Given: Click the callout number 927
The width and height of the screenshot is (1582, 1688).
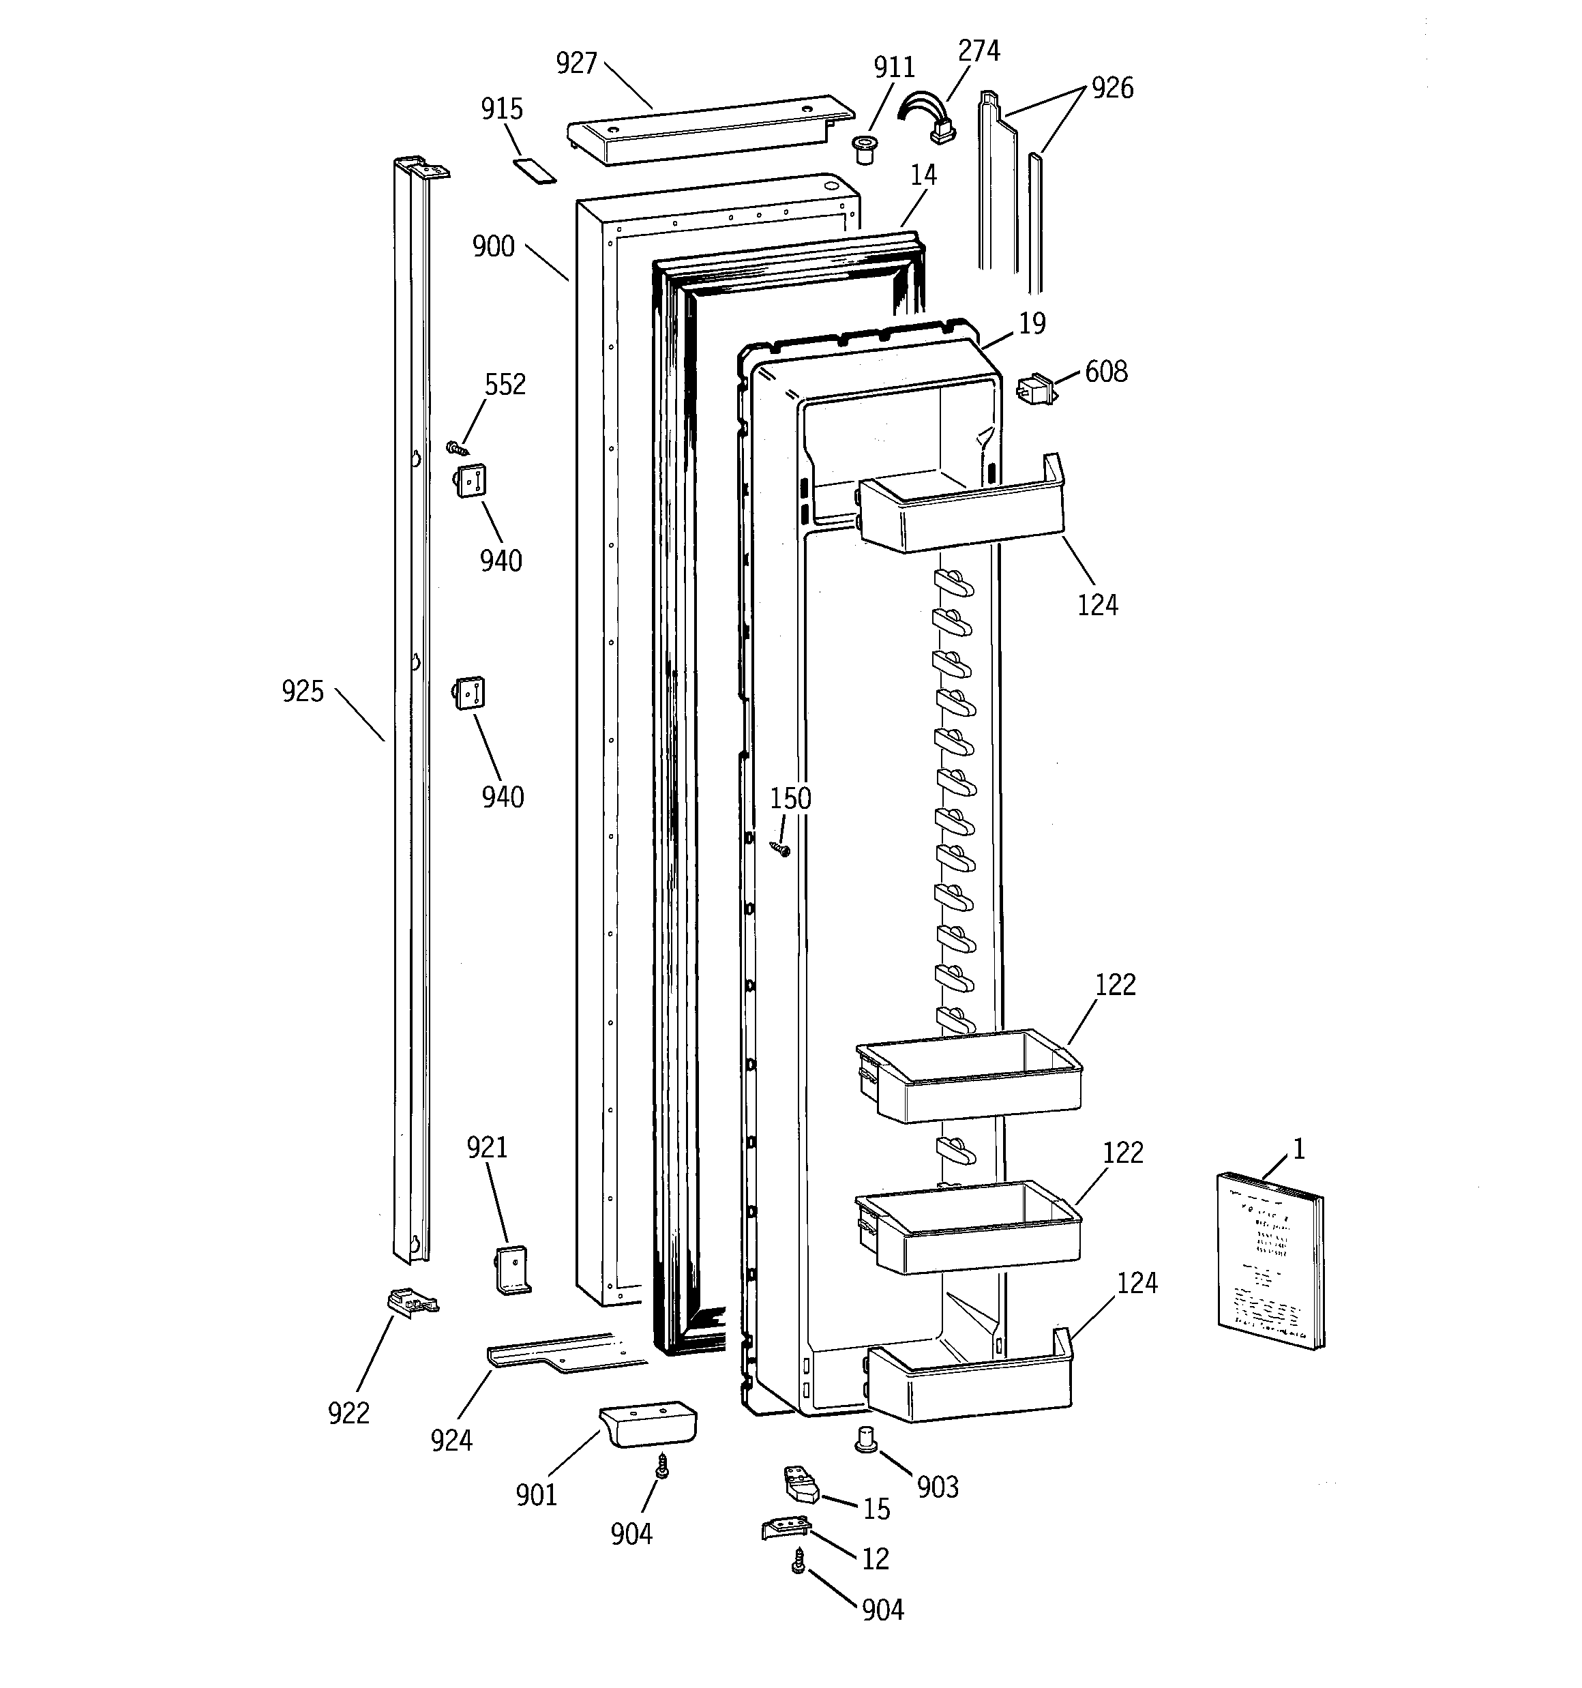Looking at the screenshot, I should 577,63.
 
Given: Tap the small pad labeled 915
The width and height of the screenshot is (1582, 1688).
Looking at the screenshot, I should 534,169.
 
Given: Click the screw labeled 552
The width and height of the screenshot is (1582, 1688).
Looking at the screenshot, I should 458,447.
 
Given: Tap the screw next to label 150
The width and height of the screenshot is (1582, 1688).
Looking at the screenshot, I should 780,847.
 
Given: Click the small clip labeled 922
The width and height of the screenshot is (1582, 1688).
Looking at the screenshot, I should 412,1303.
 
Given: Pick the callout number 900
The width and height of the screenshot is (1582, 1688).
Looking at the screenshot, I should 494,247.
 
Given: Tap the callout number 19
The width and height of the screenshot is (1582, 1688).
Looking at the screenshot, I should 1032,323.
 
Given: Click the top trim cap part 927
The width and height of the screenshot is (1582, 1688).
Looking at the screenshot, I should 709,130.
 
